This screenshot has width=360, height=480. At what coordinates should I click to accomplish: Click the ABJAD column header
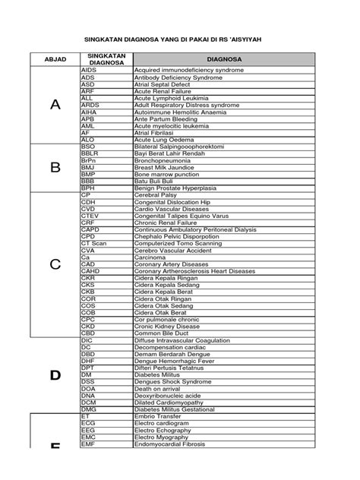click(54, 59)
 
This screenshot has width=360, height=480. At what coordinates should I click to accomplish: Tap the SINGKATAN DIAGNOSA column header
click(106, 59)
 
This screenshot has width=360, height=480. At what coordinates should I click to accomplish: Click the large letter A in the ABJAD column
click(54, 105)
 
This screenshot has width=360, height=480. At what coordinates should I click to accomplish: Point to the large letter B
click(54, 167)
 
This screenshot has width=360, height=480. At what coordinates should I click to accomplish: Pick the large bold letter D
click(54, 375)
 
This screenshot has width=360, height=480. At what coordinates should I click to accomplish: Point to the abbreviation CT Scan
click(93, 243)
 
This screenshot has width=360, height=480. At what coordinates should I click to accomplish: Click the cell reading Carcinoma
click(151, 257)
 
